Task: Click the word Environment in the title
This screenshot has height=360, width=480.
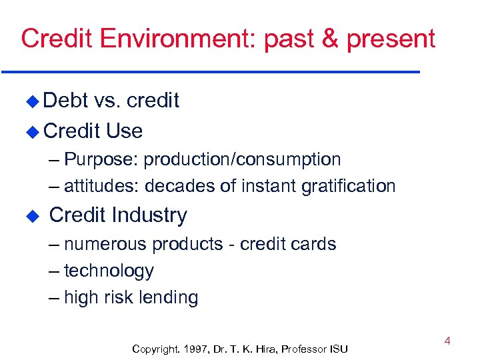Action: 175,39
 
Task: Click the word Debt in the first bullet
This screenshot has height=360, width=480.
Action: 65,101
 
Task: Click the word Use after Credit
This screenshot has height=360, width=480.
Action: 124,131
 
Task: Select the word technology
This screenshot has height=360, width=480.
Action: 109,271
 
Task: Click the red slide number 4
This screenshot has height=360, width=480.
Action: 447,341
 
